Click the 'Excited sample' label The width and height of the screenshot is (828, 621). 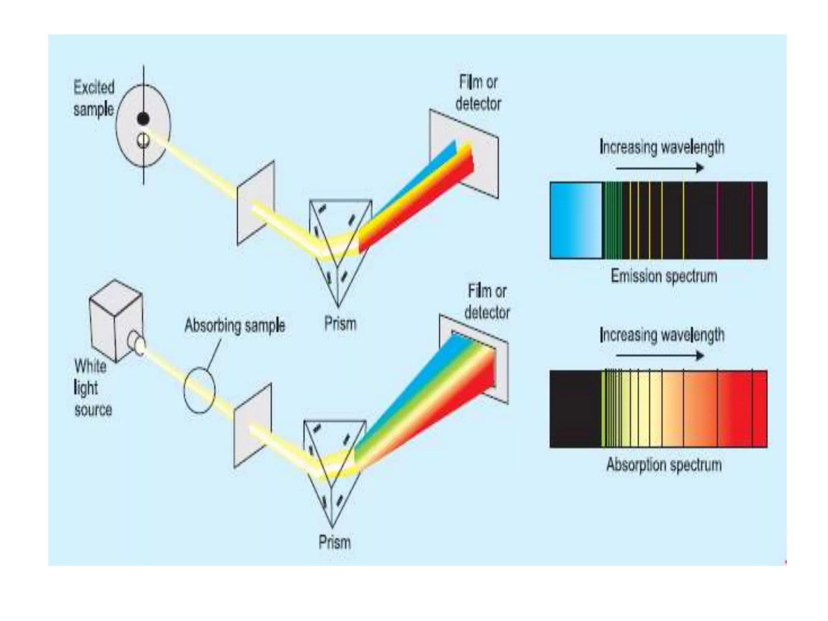pos(94,99)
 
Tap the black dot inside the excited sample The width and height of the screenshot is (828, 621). pos(143,118)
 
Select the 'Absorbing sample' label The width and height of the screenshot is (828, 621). pos(235,326)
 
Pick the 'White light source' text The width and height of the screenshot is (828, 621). pos(93,388)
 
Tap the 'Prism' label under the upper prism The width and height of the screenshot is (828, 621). pos(340,324)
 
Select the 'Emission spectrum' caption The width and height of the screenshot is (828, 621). pos(664,277)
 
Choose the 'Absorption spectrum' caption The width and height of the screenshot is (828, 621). pos(664,465)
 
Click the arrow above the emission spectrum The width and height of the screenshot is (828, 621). pos(660,167)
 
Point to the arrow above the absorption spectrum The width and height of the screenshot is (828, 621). pos(660,356)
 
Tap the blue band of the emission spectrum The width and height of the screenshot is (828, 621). pos(576,220)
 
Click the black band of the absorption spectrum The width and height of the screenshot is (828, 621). pos(575,409)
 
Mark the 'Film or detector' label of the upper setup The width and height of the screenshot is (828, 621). pos(478,93)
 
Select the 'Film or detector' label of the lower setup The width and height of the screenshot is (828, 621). pos(487,302)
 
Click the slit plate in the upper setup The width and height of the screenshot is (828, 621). pos(256,202)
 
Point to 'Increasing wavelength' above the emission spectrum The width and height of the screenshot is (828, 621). pos(662,147)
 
